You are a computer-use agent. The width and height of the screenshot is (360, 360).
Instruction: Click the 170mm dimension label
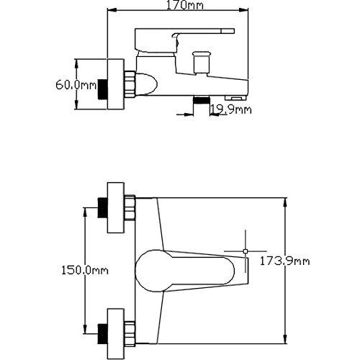pyautogui.click(x=185, y=5)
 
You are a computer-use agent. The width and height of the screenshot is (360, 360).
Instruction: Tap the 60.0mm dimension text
pyautogui.click(x=76, y=85)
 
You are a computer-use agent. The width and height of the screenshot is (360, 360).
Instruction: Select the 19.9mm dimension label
pyautogui.click(x=231, y=109)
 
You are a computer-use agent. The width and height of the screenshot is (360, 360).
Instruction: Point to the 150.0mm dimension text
pyautogui.click(x=85, y=271)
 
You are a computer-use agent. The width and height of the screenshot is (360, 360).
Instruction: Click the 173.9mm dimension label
pyautogui.click(x=285, y=261)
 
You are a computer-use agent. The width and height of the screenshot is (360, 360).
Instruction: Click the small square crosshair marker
pyautogui.click(x=246, y=251)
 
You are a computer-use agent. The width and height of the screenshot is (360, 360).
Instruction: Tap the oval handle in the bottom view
pyautogui.click(x=185, y=271)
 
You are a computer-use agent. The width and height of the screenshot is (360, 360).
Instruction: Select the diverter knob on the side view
pyautogui.click(x=202, y=61)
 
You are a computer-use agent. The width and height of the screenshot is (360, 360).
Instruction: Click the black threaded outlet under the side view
pyautogui.click(x=202, y=100)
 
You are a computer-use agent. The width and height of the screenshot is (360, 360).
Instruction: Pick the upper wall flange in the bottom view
pyautogui.click(x=116, y=207)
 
